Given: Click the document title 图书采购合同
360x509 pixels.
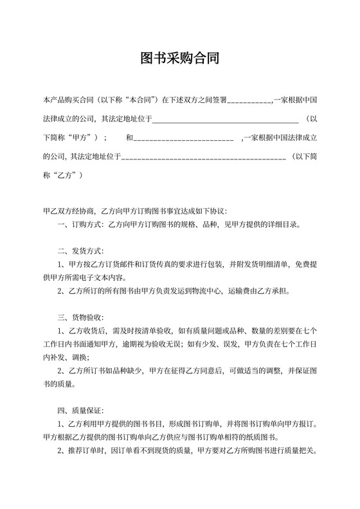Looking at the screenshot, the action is pyautogui.click(x=180, y=59).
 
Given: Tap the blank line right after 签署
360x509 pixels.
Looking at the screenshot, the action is pyautogui.click(x=249, y=101).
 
